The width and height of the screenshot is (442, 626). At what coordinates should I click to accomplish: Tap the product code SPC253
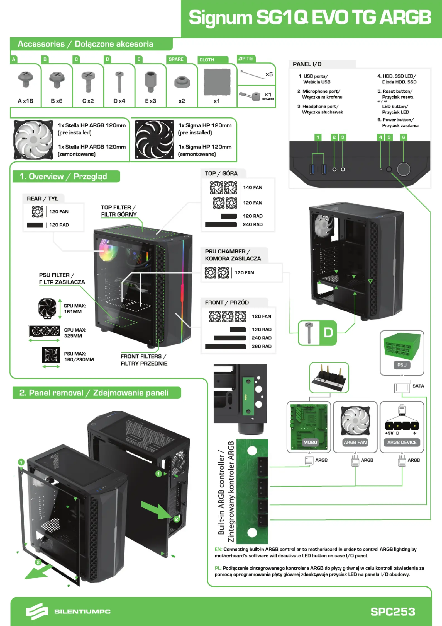click(392, 612)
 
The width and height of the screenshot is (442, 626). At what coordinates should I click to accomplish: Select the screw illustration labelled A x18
click(26, 79)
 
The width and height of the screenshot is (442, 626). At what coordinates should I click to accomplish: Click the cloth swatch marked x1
click(217, 82)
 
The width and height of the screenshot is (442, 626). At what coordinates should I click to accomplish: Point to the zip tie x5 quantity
click(269, 74)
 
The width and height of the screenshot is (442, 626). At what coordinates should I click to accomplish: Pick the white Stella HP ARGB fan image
click(33, 139)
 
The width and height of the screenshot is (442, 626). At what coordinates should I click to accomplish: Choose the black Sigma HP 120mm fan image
click(154, 139)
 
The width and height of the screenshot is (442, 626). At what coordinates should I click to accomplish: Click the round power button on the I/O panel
click(403, 169)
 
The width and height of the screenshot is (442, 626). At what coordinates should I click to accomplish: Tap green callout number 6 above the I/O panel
click(403, 137)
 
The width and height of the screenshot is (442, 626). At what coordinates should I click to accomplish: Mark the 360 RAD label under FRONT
click(261, 346)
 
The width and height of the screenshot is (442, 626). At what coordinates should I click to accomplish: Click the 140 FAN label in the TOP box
click(252, 187)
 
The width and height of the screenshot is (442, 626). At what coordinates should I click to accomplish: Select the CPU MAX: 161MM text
click(74, 309)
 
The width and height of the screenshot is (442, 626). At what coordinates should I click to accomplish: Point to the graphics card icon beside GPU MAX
click(44, 331)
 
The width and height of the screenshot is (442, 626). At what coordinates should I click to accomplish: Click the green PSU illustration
click(402, 345)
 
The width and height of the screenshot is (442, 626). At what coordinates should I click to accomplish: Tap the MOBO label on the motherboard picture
click(310, 442)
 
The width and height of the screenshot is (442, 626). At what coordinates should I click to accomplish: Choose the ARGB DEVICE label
click(402, 442)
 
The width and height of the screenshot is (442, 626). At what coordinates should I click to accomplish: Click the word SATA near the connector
click(418, 386)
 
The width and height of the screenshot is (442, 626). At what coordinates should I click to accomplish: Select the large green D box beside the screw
click(328, 333)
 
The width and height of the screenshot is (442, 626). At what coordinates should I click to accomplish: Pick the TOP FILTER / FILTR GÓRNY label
click(119, 211)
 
